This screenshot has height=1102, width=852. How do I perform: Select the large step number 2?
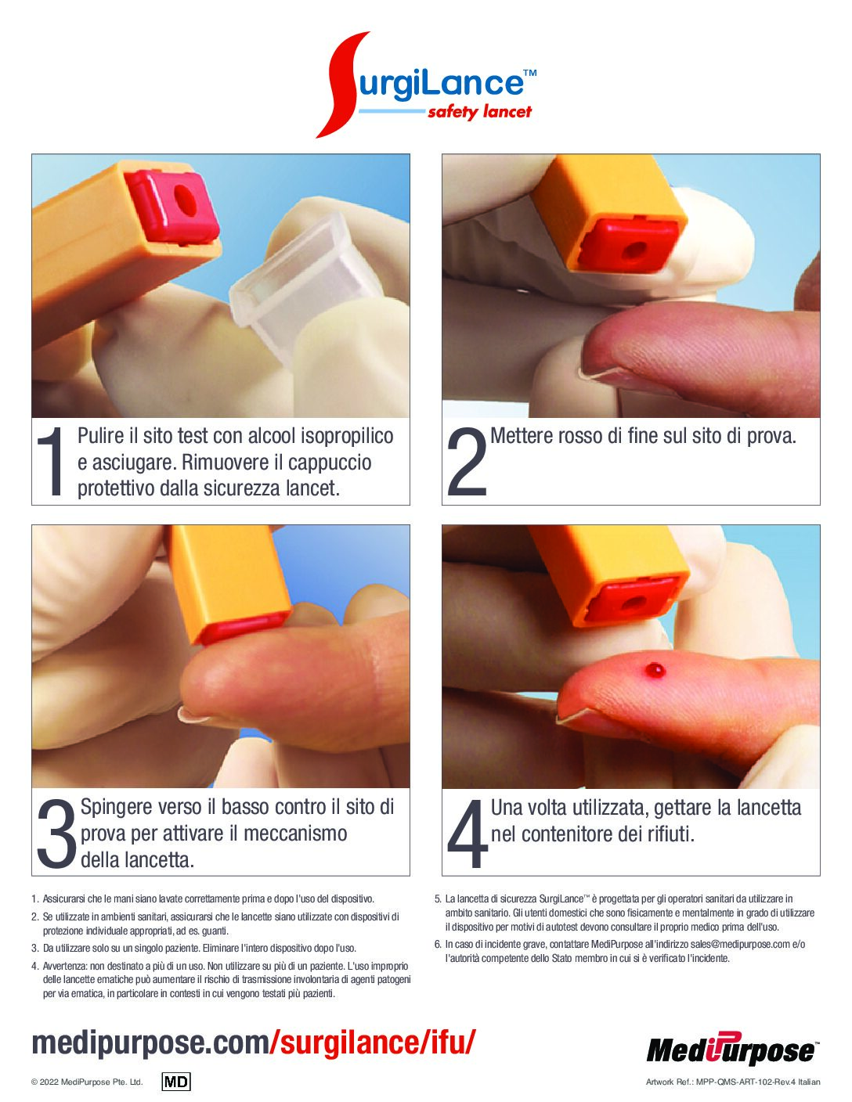467,461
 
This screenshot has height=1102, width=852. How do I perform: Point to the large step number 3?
56,833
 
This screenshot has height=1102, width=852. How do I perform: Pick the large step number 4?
468,833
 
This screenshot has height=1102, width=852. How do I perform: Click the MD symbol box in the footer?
176,1082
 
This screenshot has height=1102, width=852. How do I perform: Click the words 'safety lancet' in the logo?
479,112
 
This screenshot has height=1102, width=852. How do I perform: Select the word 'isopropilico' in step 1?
348,437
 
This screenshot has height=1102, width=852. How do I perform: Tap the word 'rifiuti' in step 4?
671,834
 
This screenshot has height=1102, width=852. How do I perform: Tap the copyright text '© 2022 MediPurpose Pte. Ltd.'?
87,1082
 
